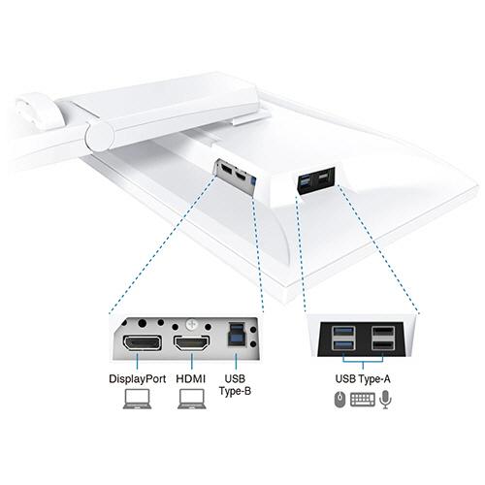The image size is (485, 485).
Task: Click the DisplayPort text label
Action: coord(138,379)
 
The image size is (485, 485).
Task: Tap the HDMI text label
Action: coord(191,379)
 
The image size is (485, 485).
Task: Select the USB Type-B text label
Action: coord(235,385)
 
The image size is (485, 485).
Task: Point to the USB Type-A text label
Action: coord(363,378)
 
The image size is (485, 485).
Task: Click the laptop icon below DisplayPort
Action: coord(137,399)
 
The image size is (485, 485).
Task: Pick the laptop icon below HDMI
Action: coord(192,399)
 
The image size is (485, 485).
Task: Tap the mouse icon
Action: coord(339,400)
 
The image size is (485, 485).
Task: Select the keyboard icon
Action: coord(363,400)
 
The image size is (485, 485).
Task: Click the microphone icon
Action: coord(385,400)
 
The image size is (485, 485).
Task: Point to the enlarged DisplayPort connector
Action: coord(142,343)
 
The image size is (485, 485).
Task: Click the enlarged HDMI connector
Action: coord(192,343)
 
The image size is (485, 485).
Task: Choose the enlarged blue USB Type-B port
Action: coord(236,335)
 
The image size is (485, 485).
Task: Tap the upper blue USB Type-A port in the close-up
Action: coord(343,332)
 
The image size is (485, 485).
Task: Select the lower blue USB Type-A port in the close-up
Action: coord(343,345)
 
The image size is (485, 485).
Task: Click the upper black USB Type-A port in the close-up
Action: coord(383,332)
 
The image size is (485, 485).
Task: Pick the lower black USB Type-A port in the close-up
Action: coord(383,345)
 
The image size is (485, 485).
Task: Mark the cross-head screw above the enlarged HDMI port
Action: coord(191,325)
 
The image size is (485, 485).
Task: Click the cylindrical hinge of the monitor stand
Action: coord(100,137)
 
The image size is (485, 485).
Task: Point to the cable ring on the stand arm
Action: coord(39,110)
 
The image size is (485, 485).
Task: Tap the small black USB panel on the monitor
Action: coord(315,181)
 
